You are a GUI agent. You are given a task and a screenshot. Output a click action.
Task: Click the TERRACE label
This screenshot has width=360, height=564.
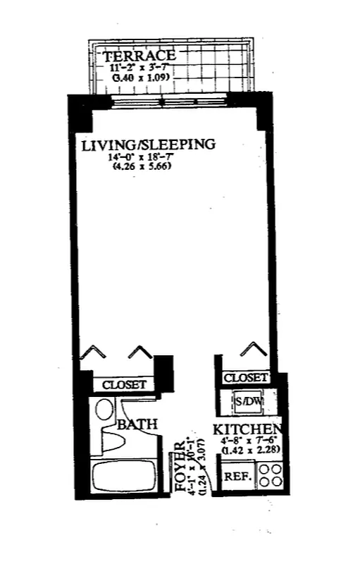click(x=139, y=56)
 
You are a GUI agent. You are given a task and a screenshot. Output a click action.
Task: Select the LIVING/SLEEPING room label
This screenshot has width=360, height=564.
click(x=147, y=146)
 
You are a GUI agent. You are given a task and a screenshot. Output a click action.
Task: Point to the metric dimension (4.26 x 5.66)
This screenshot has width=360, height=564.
click(x=142, y=166)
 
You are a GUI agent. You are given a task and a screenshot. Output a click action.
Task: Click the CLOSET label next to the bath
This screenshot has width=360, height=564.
click(x=124, y=385)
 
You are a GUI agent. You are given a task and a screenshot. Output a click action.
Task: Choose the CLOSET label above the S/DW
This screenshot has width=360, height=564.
click(x=246, y=379)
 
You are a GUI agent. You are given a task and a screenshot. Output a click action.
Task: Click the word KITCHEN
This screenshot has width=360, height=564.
click(x=248, y=429)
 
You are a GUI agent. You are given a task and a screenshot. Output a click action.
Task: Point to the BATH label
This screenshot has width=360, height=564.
click(x=137, y=424)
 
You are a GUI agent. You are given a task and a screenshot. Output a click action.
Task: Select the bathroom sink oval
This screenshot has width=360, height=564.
click(x=104, y=410)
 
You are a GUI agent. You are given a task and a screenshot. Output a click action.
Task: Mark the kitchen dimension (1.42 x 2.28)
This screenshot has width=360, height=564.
click(x=252, y=449)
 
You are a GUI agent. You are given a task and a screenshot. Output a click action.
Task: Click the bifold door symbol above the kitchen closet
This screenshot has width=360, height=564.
click(x=253, y=349)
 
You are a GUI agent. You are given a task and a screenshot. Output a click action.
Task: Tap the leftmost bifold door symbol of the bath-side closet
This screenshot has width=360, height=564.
click(x=92, y=352)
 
